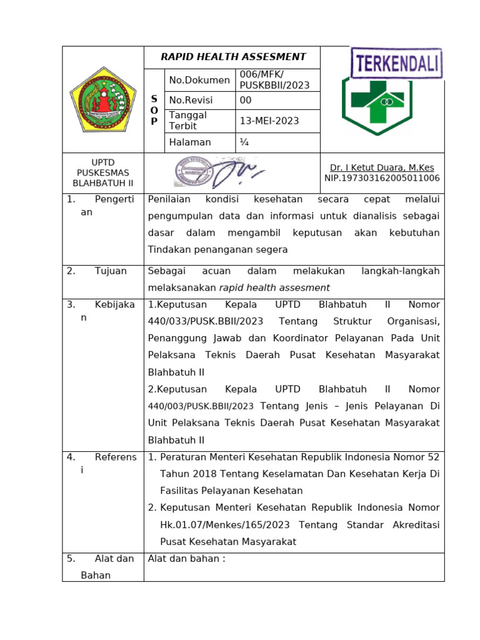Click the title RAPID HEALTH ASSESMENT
coord(233,57)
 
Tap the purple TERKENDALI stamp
coord(396,64)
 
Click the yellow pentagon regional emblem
coord(102,99)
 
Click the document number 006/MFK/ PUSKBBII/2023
coord(274,80)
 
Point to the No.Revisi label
coord(191,101)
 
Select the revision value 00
coord(246,101)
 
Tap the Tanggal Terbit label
coord(187,121)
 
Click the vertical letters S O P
coord(154,110)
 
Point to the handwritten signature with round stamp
coord(219,171)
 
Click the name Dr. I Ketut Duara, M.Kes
coord(382,167)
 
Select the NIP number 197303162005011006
coord(382,178)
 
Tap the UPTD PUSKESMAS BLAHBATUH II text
coord(102,173)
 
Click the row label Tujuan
coord(111,271)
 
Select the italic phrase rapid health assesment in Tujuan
coord(274,288)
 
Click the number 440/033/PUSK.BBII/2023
coord(206,321)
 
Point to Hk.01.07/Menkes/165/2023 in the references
coord(226,524)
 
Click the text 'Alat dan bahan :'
coord(186,559)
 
